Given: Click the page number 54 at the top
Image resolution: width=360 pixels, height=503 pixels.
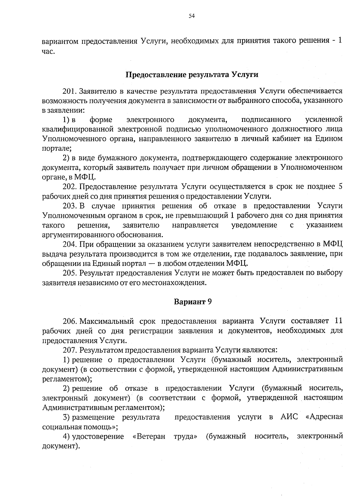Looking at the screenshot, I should pos(192,17).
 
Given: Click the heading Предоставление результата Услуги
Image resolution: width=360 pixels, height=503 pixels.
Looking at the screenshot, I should pos(192,74).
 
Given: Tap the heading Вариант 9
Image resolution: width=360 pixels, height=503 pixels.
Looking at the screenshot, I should pos(193,302).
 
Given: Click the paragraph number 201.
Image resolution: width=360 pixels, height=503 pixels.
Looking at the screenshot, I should pos(70,91).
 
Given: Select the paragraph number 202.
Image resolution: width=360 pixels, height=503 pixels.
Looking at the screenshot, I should pos(70,187).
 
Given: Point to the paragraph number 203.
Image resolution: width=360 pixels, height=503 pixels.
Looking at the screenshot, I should pos(70,206).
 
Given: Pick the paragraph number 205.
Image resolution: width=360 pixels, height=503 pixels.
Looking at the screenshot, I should pos(70,273).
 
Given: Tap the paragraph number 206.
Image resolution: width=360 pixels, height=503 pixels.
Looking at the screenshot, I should pos(70,321).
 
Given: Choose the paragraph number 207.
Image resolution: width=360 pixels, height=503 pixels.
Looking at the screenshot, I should pos(70,350).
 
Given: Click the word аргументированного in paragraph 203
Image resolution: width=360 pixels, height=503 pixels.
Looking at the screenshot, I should pos(76,235).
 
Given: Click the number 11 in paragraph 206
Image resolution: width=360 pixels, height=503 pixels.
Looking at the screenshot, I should pos(338,321).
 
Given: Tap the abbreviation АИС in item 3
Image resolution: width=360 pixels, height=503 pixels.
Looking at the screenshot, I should pos(289,417).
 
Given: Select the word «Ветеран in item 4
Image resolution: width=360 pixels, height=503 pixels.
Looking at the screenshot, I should pos(149,436).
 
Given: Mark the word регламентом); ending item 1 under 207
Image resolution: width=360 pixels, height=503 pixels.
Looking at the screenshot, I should pos(67,379).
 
